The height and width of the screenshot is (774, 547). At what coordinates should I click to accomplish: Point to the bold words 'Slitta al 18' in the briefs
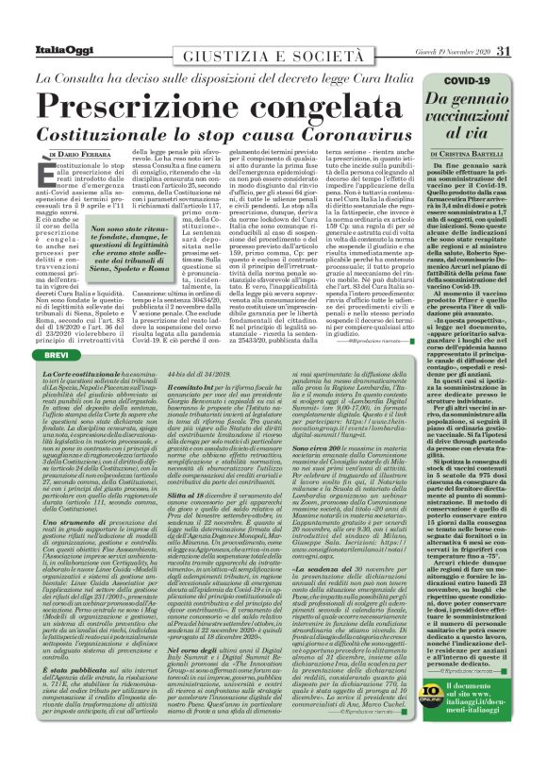coord(183,495)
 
